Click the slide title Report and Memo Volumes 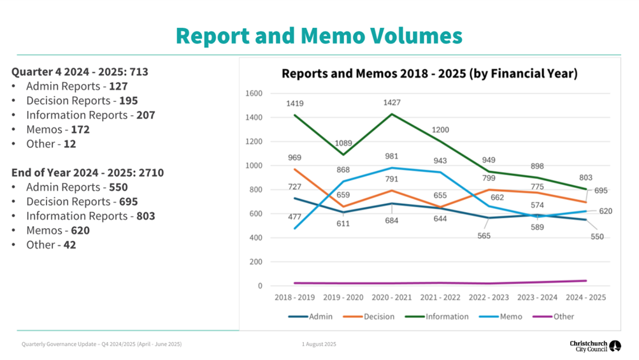319,36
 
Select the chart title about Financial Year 429,73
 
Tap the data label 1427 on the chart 392,103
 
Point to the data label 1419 294,104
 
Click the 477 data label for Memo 294,217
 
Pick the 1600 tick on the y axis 254,94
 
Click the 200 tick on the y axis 256,262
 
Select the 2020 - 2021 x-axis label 392,298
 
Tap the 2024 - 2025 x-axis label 585,298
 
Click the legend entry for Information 436,317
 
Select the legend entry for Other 553,317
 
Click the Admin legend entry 310,317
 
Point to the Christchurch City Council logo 596,346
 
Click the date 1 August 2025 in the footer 319,344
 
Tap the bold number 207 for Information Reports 146,115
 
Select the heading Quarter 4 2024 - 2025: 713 80,72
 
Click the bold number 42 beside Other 69,245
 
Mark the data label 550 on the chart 597,237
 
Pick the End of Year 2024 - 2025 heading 88,173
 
